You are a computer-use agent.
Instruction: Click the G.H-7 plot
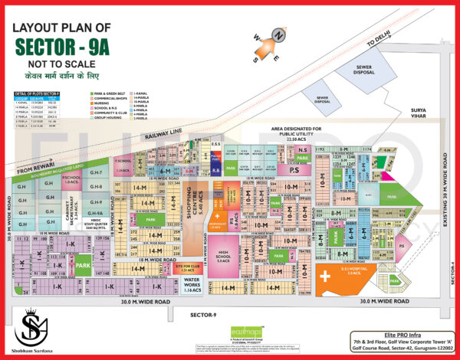(x=97, y=174)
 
